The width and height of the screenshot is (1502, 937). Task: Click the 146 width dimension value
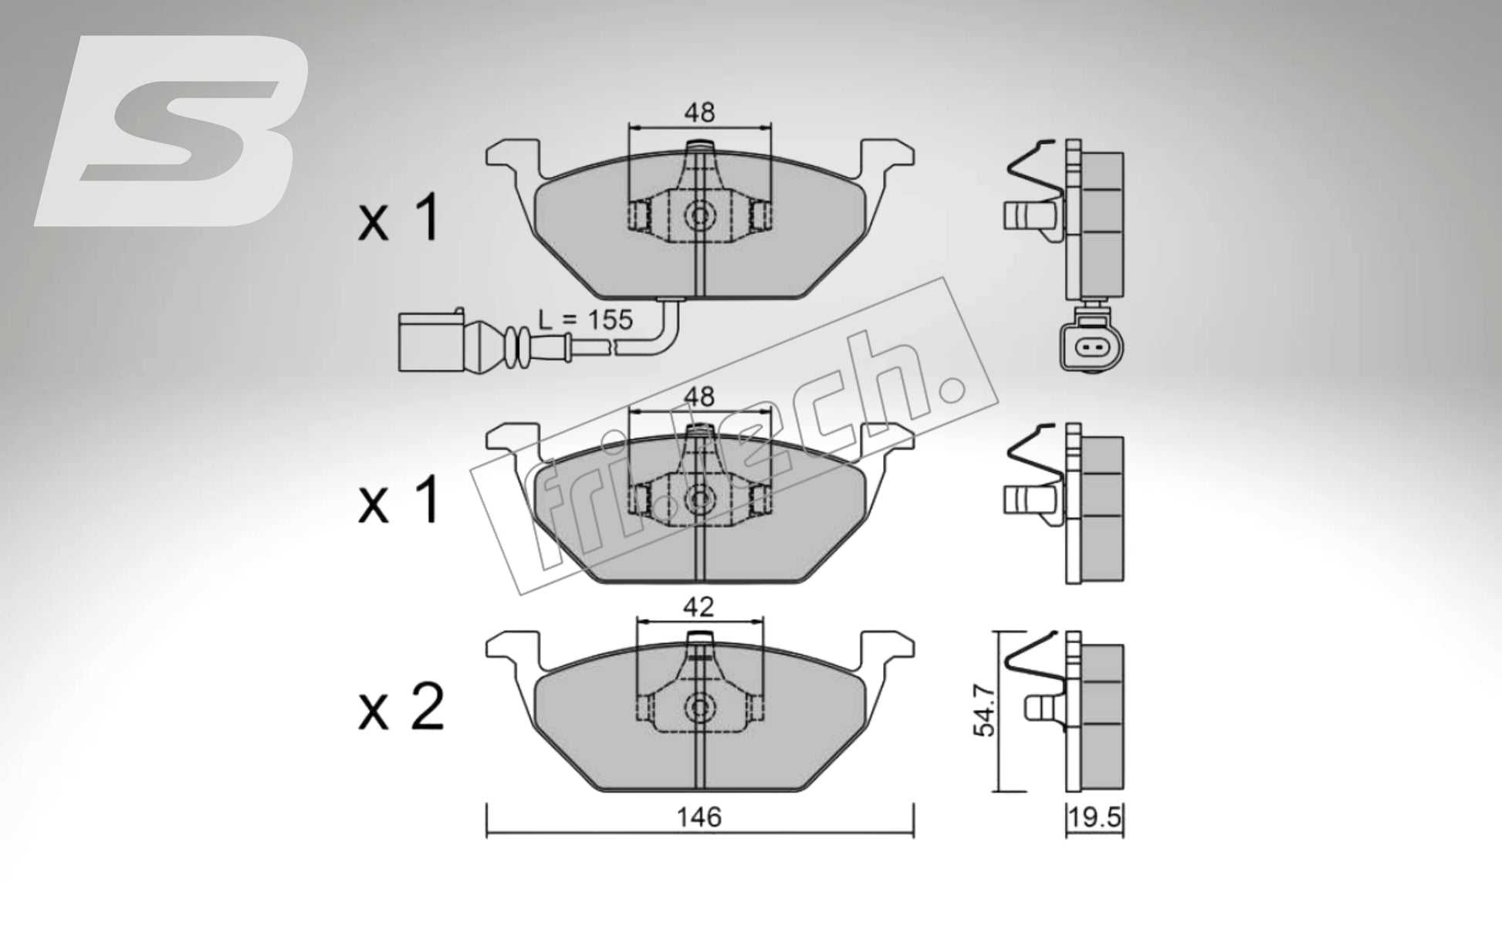tap(699, 817)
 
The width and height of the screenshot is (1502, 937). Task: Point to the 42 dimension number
tap(699, 607)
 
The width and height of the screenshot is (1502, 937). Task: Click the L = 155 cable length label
tap(584, 319)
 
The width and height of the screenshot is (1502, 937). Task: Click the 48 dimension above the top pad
tap(699, 113)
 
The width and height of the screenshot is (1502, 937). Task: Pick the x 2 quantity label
tap(401, 708)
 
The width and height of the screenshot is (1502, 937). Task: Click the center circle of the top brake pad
tap(699, 215)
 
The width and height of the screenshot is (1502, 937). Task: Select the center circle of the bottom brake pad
tap(699, 705)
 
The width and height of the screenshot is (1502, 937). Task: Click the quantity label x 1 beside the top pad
tap(399, 218)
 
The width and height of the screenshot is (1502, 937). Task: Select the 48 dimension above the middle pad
tap(699, 397)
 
